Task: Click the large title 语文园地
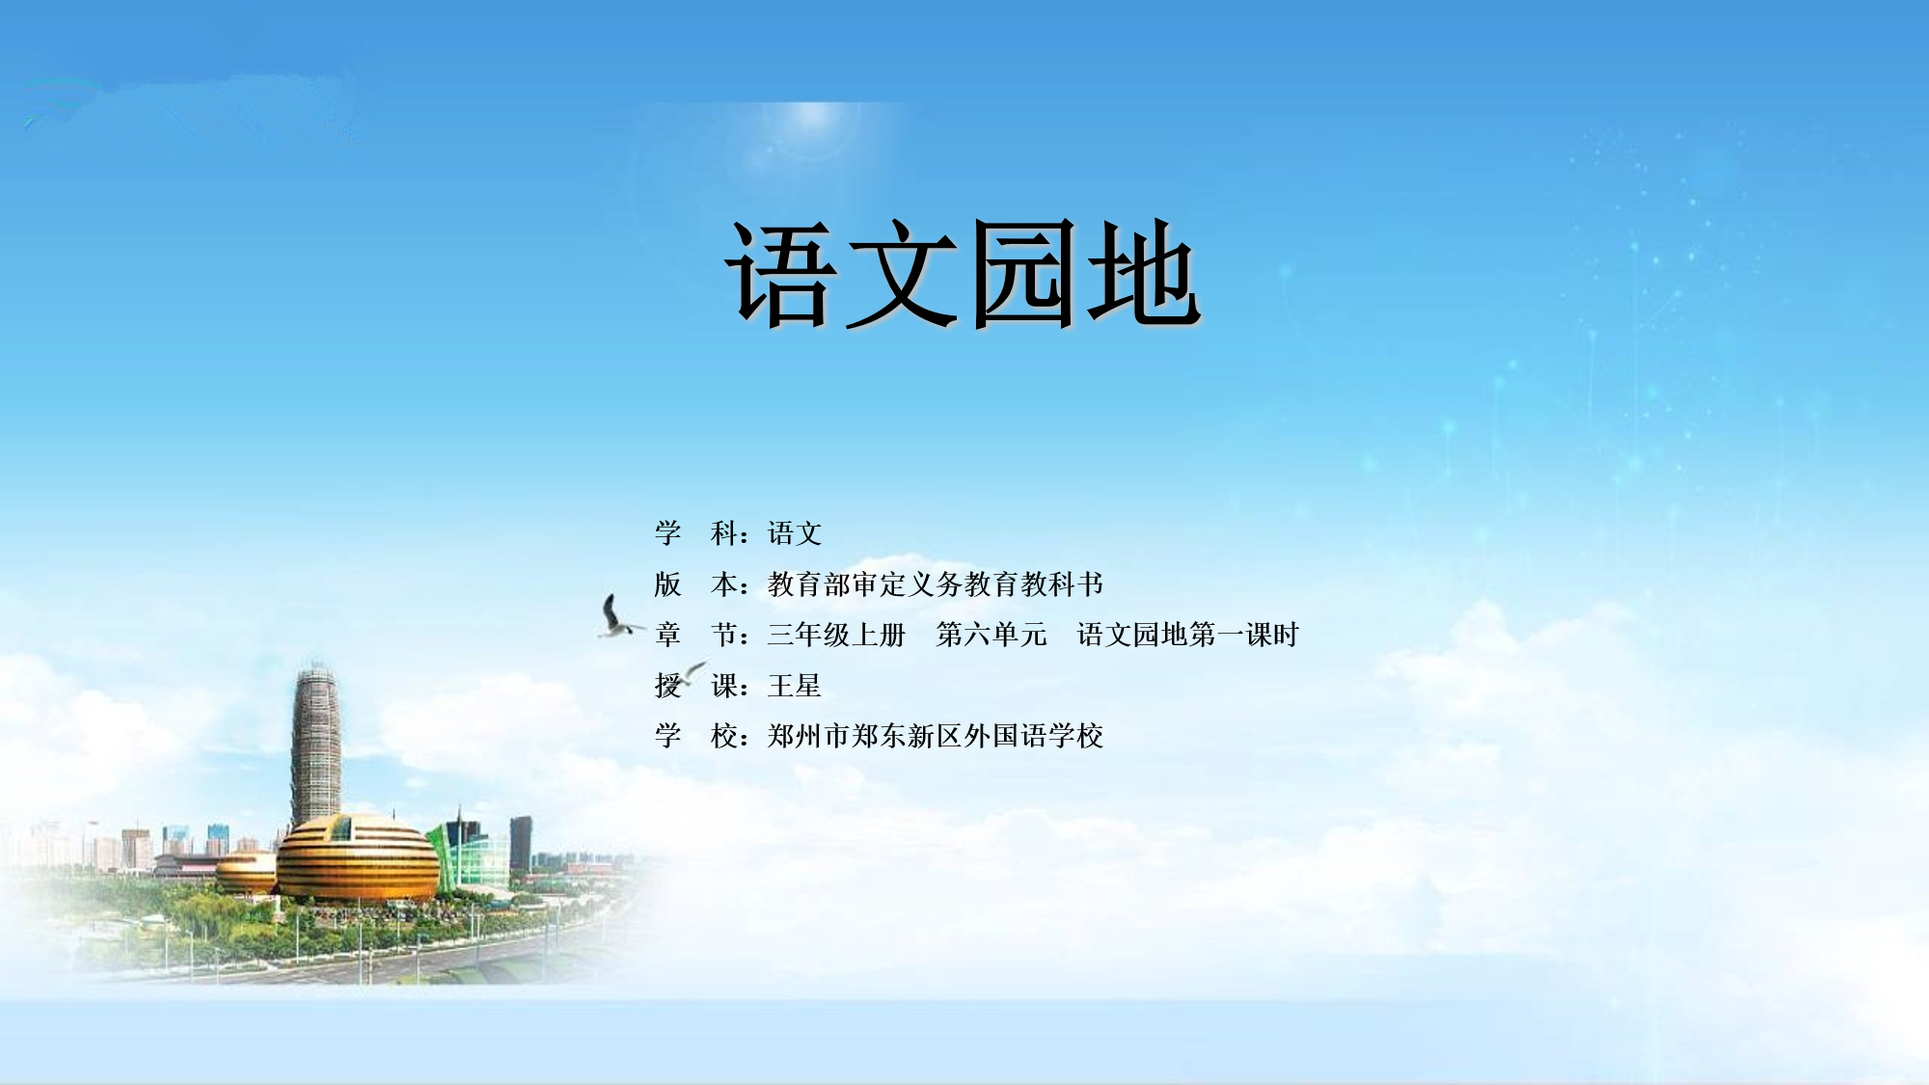coord(963,274)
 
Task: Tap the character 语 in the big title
coord(781,274)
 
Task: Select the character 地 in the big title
coord(1144,274)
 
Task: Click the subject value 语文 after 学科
coord(795,533)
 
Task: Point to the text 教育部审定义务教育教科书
coord(936,584)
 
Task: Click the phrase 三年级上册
coord(836,635)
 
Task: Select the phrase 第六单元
coord(992,635)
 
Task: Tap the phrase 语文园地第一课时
coord(1188,635)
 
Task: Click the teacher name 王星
coord(795,686)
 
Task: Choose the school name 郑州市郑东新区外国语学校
coord(936,736)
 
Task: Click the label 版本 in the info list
coord(696,584)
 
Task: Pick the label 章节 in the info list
coord(696,635)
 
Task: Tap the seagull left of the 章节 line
coord(617,617)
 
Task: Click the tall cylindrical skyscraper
coord(315,747)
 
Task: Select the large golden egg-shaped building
coord(358,857)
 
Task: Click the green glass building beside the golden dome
coord(470,853)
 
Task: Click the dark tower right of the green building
coord(521,843)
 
